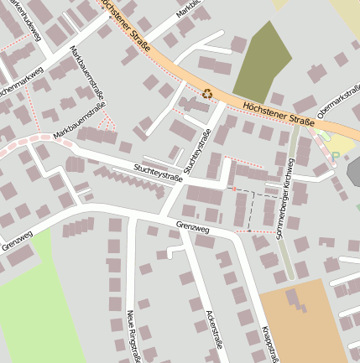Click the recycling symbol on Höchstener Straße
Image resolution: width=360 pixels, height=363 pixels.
[x=207, y=94]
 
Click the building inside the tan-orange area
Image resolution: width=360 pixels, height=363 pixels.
[x=295, y=301]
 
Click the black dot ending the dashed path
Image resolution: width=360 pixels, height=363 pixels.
[x=248, y=230]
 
